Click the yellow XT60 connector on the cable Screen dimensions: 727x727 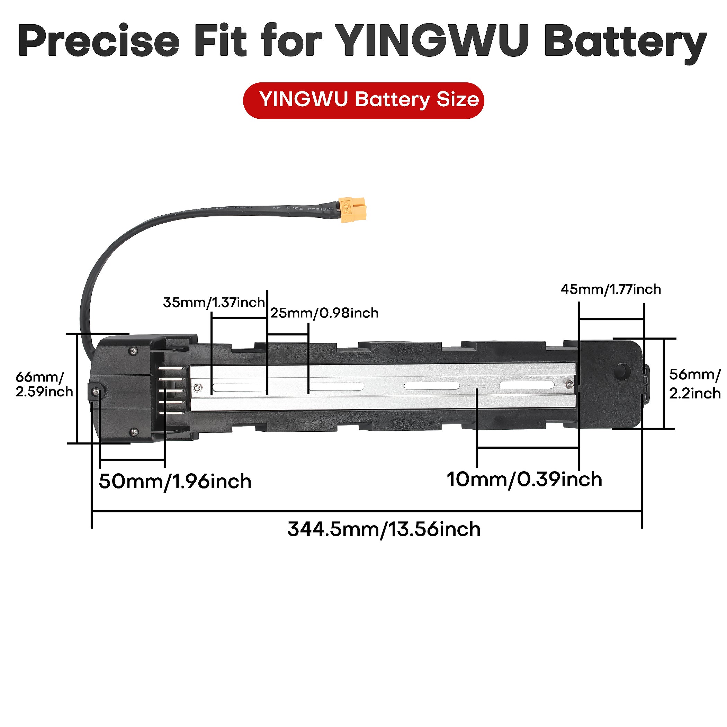[352, 209]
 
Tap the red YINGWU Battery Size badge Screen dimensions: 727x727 [363, 100]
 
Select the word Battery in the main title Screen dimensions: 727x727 [625, 42]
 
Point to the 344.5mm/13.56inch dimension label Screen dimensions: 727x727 [384, 530]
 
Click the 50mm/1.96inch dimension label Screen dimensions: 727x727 [175, 482]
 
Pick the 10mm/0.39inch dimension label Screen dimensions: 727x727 [524, 480]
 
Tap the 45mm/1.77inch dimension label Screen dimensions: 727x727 [611, 289]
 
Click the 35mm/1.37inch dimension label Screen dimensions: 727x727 [214, 303]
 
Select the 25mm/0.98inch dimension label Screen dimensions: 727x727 [324, 313]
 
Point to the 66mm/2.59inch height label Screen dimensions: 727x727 [43, 384]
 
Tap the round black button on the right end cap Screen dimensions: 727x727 [622, 371]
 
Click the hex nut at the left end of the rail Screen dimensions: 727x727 [196, 388]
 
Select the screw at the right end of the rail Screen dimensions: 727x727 [569, 384]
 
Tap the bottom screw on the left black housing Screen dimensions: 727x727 [134, 432]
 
